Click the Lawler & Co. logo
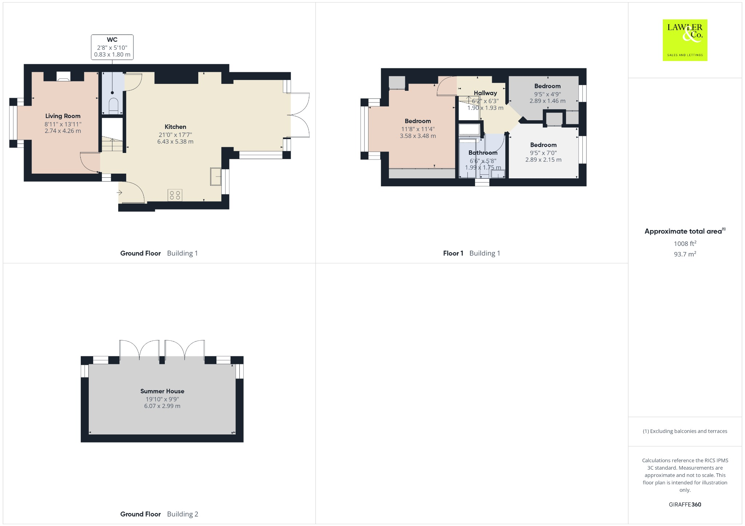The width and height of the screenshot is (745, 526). coord(685,40)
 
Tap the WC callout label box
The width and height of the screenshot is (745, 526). coord(112,47)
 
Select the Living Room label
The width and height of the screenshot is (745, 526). coord(63,116)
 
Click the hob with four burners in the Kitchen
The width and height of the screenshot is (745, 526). coord(175,195)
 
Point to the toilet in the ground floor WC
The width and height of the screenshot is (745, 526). coord(113,105)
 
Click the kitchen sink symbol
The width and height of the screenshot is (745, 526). coord(216,177)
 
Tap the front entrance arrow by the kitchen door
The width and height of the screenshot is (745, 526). coord(120,193)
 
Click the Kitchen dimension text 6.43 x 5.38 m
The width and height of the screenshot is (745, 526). coord(175,141)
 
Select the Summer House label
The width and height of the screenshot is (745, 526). coord(162,391)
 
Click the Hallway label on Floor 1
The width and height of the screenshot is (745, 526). coord(485,93)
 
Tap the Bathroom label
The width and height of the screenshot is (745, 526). coord(483,153)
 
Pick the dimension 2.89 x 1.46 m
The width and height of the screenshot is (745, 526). coord(547,101)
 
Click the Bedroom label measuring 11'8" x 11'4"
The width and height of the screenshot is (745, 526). coord(418,121)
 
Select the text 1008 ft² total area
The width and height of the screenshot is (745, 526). coord(685,243)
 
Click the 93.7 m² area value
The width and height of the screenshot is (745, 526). coord(685,254)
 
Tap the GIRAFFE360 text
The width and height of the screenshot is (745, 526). coord(685,504)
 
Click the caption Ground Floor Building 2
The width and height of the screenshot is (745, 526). coord(159,514)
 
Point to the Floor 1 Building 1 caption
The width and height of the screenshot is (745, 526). coord(471,253)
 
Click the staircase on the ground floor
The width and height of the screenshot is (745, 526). coord(112,145)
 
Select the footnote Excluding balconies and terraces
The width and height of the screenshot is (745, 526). coord(685,431)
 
